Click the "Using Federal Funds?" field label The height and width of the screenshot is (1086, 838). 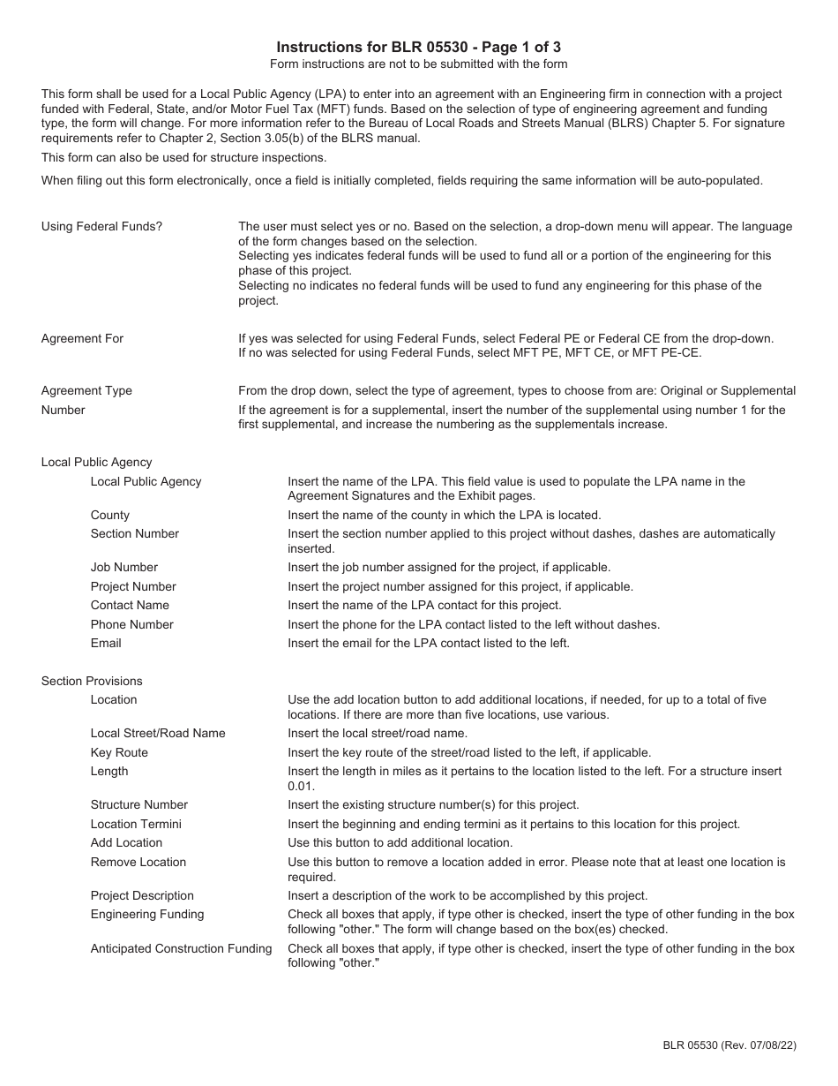click(101, 226)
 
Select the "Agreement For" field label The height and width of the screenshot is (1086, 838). click(82, 338)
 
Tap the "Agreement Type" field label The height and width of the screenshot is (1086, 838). click(86, 390)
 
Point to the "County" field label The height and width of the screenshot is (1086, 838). click(109, 515)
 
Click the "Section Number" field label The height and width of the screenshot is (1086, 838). click(134, 533)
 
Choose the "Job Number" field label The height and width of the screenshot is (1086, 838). click(123, 567)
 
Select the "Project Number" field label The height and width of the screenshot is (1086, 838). click(133, 586)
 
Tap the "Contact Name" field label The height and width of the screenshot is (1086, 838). click(130, 605)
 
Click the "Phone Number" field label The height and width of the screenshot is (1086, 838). click(131, 624)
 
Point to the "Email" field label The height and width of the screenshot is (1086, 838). click(106, 643)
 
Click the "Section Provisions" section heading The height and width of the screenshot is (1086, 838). click(92, 681)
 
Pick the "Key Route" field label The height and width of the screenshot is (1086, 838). click(119, 752)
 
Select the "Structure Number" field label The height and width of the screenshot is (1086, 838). click(138, 804)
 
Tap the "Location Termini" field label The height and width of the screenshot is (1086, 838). click(136, 824)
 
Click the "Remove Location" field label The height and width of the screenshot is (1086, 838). click(138, 862)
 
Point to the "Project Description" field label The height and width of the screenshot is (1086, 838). click(142, 895)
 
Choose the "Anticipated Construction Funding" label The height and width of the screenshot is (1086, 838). click(181, 948)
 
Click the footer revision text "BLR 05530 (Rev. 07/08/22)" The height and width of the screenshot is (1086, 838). click(730, 1045)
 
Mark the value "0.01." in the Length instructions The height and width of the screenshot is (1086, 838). click(301, 786)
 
